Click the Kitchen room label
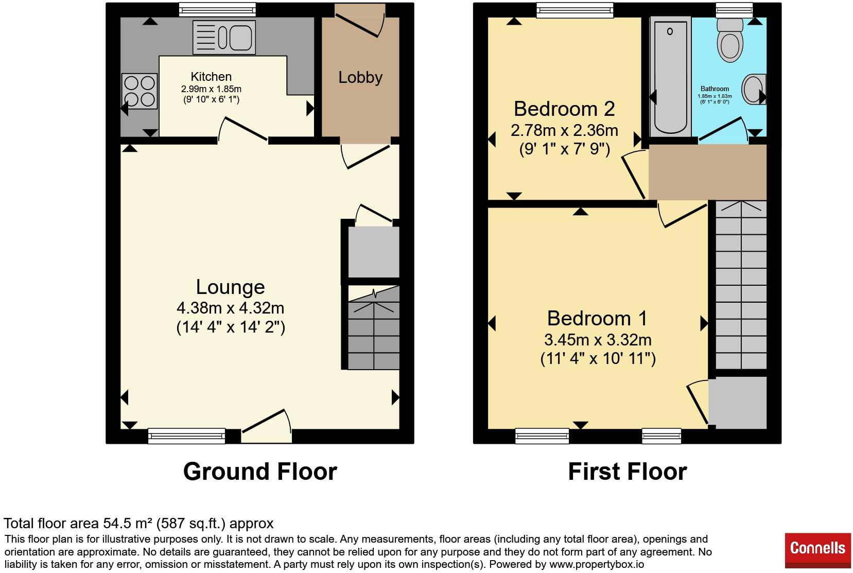[x=211, y=77]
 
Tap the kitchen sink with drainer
[x=224, y=37]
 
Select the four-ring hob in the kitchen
[x=140, y=91]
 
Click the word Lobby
[x=360, y=78]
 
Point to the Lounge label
[x=231, y=287]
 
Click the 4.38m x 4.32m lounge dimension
[x=231, y=308]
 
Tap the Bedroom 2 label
[x=564, y=109]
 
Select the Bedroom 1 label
[x=597, y=318]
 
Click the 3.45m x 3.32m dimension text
[x=598, y=340]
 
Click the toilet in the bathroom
[x=730, y=40]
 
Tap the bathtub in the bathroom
[x=671, y=77]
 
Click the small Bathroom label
[x=715, y=89]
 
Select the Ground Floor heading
[x=260, y=472]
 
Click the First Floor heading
[x=628, y=472]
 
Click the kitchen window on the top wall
[x=217, y=9]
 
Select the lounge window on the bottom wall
[x=186, y=436]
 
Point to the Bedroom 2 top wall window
[x=575, y=9]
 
